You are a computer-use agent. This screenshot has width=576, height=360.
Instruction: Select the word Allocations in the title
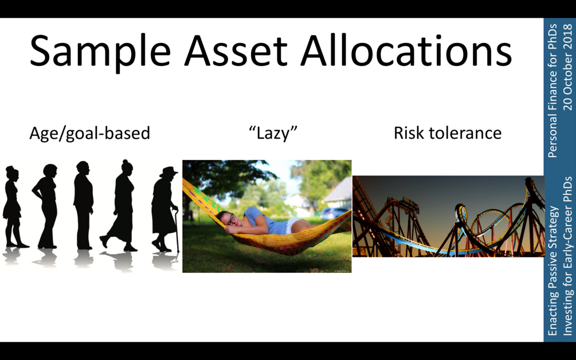point(406,50)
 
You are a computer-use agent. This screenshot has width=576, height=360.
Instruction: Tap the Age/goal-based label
point(89,134)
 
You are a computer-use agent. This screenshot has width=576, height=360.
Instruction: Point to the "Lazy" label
point(273,132)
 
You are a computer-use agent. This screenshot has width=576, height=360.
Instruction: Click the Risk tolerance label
point(448,132)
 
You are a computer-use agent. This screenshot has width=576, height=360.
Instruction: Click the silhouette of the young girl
point(14,207)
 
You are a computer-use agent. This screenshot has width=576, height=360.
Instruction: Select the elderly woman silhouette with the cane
point(164,209)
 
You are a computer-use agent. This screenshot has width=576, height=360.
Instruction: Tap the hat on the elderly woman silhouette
point(169,171)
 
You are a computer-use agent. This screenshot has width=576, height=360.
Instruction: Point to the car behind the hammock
point(334,213)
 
